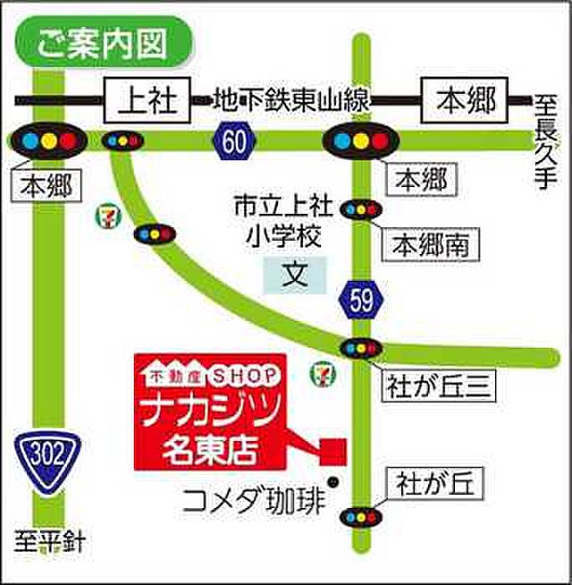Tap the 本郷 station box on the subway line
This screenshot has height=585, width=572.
[464, 99]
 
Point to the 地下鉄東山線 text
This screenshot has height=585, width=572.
[291, 100]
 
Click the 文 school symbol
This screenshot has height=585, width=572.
[295, 273]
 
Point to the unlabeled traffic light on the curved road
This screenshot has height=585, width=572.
[155, 234]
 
